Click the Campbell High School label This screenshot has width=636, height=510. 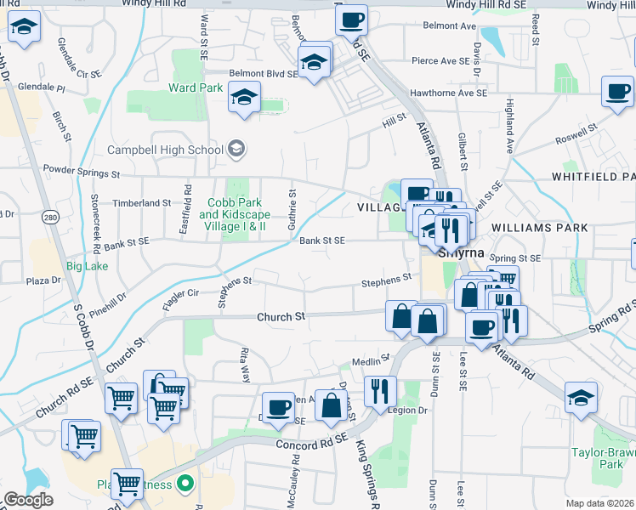click(x=165, y=150)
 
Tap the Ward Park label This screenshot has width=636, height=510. click(x=196, y=88)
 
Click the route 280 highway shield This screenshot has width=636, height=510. click(x=50, y=218)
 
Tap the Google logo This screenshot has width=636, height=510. click(x=27, y=500)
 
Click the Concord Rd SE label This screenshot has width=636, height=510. click(x=312, y=442)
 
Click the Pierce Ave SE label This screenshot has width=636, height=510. click(x=440, y=61)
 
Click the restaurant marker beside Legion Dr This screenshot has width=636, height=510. click(x=380, y=389)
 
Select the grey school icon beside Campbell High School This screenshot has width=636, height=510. click(x=236, y=150)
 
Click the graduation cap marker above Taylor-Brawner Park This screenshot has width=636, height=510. click(x=581, y=397)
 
